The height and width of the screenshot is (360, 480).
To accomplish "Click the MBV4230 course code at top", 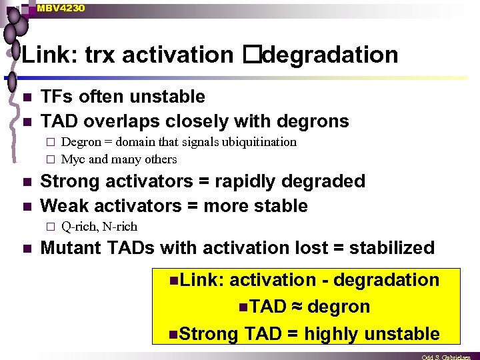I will click(x=61, y=7).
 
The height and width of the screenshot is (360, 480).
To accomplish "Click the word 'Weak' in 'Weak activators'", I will click(x=65, y=205).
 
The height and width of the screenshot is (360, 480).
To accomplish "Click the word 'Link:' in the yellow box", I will click(x=201, y=280).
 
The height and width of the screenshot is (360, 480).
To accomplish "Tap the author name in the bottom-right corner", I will click(x=449, y=357).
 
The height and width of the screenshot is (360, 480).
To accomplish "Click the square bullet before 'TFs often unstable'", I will click(x=26, y=97).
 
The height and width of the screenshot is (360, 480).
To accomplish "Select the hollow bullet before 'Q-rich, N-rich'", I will click(x=49, y=226).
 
